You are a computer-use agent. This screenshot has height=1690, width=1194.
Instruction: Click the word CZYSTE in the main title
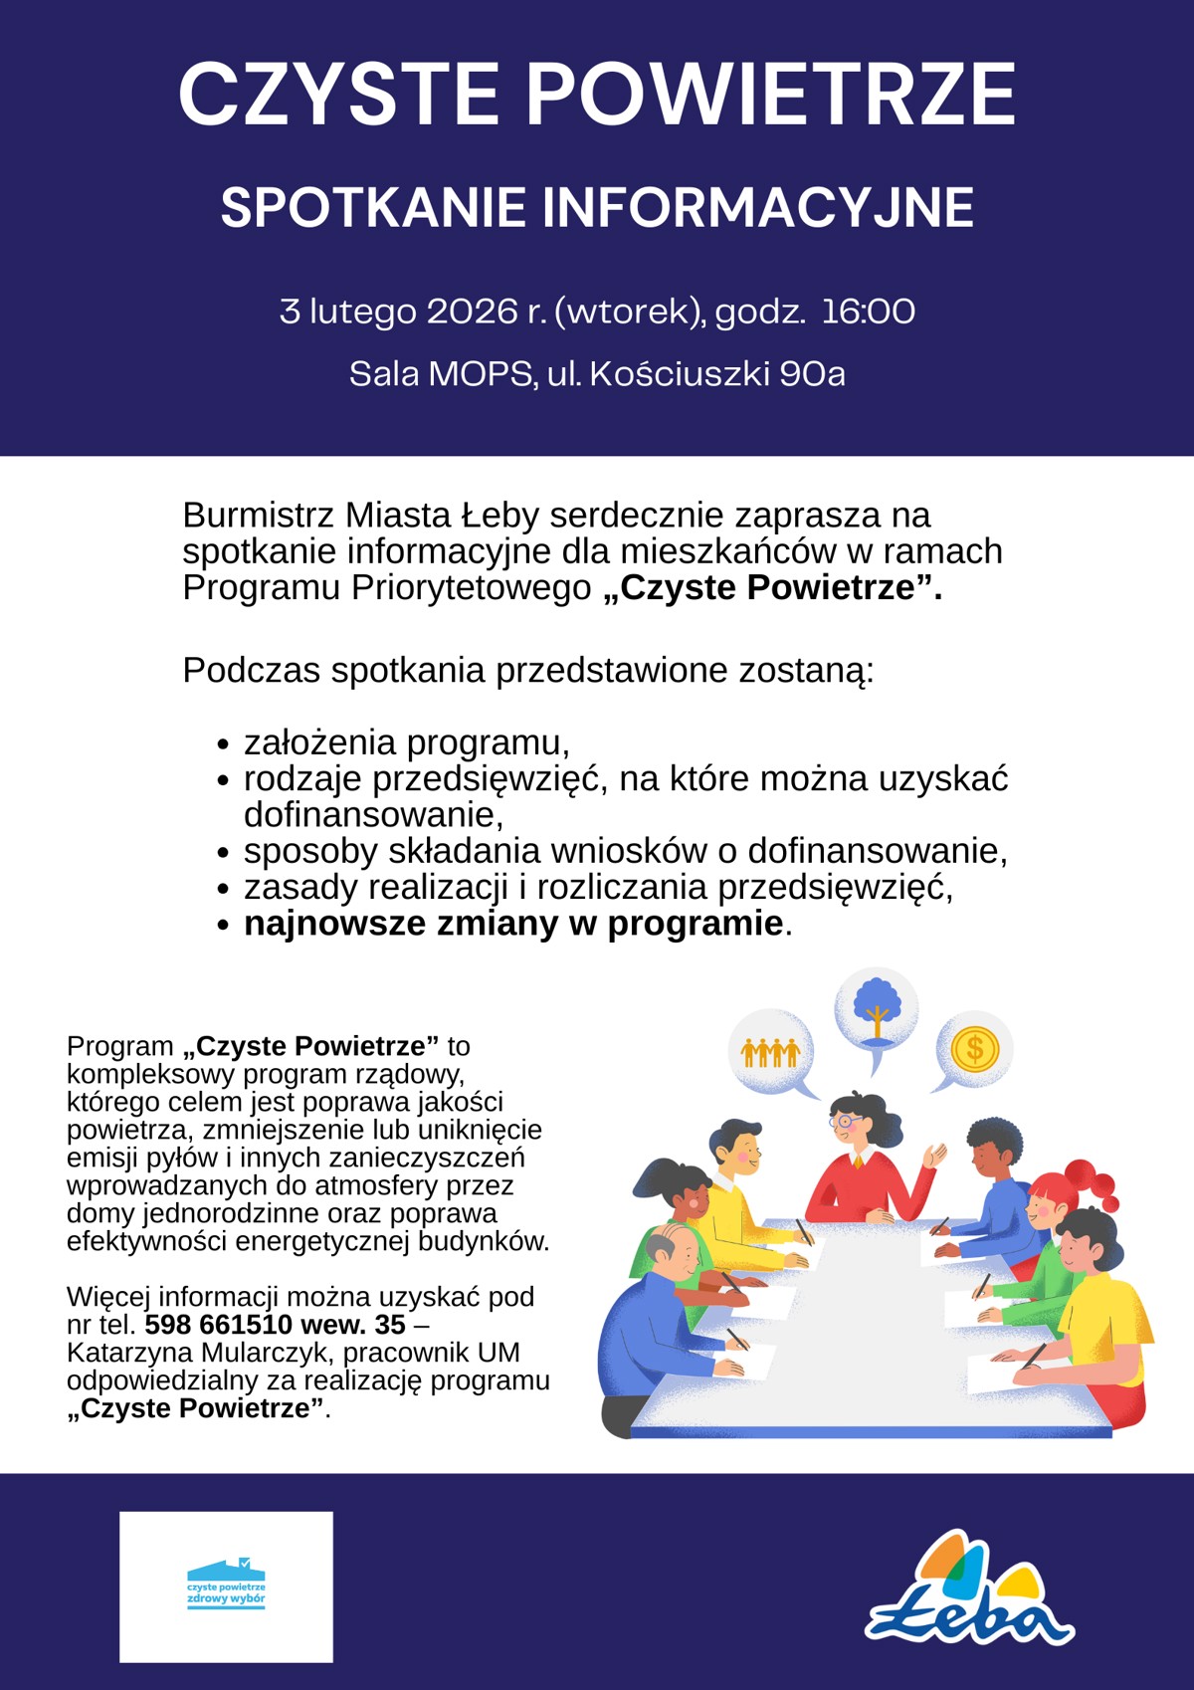pyautogui.click(x=337, y=95)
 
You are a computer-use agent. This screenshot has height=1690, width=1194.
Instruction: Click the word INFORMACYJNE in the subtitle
pyautogui.click(x=757, y=208)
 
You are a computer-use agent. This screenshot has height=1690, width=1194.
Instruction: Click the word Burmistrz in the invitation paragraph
pyautogui.click(x=259, y=516)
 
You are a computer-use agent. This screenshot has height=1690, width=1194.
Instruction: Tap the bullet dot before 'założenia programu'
pyautogui.click(x=224, y=744)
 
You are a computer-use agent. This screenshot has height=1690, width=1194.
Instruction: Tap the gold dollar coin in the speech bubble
pyautogui.click(x=974, y=1048)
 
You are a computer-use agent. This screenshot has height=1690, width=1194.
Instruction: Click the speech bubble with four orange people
pyautogui.click(x=771, y=1052)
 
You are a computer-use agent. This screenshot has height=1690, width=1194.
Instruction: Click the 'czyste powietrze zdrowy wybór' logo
pyautogui.click(x=226, y=1586)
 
